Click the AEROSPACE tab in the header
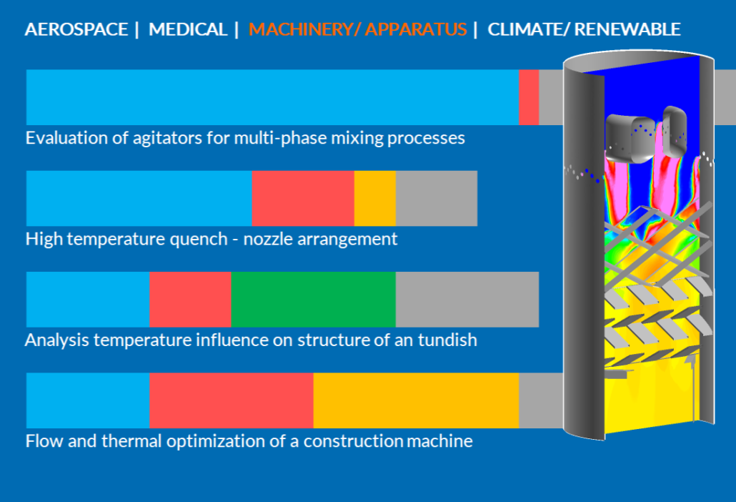76,29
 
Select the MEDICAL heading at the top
188,29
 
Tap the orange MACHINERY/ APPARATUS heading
358,29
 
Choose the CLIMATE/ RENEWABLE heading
584,29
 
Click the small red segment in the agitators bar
529,97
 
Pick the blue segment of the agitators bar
272,97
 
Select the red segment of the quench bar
303,198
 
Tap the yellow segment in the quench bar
375,198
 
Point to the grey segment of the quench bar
437,198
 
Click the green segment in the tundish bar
314,299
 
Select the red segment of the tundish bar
191,299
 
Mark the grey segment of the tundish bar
467,299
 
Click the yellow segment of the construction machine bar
417,400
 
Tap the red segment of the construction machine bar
232,400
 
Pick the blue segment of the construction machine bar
88,400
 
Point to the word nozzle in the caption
268,239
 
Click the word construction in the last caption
354,441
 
